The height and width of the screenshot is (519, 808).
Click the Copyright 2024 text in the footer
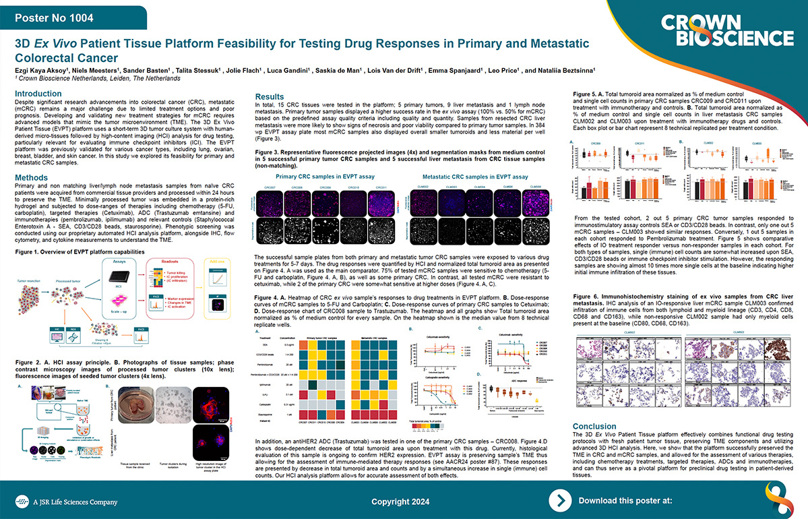pyautogui.click(x=400, y=501)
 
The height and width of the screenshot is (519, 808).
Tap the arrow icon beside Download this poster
pyautogui.click(x=561, y=500)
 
